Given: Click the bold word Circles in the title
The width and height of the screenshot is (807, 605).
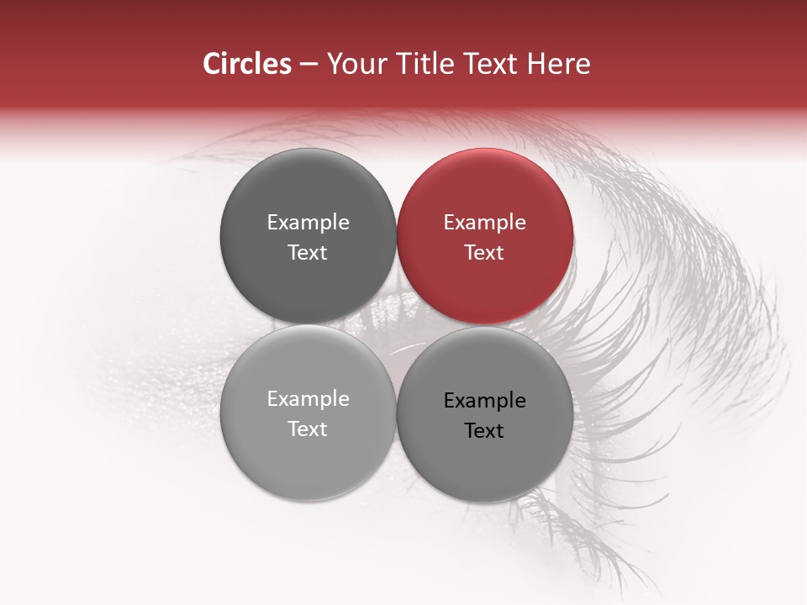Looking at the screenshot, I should click(246, 64).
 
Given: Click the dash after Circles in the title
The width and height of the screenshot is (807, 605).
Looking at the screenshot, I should click(309, 65).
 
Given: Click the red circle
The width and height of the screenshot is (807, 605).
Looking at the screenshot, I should click(485, 236).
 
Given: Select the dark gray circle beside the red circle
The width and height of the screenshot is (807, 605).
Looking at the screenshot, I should click(308, 236).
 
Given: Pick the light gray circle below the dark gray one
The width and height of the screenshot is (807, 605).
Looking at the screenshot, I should click(308, 413).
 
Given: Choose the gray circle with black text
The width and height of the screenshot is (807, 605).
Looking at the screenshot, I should click(485, 414).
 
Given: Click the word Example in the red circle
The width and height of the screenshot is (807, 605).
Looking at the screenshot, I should click(484, 223).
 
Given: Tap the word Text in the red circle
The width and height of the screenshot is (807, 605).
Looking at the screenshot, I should click(484, 253).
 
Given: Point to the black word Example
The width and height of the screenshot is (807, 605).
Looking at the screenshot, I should click(484, 401).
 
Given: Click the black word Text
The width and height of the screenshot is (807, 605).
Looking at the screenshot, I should click(484, 431).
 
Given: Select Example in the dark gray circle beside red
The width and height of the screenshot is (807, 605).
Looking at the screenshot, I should click(308, 223).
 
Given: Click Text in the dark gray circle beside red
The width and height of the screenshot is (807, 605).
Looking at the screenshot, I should click(308, 253).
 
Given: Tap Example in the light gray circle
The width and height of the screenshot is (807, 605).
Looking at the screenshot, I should click(308, 399).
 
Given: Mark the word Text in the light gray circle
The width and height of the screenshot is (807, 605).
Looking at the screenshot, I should click(308, 429).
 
